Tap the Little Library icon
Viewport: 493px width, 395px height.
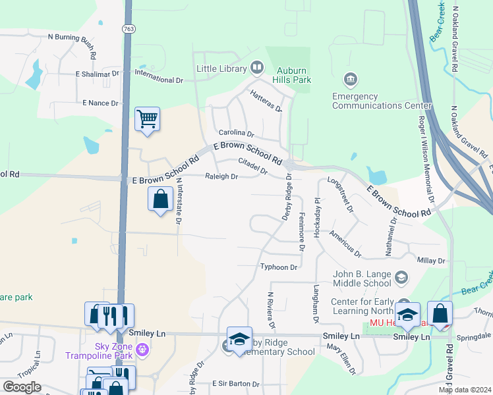tap(256, 68)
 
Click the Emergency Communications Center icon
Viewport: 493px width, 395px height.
tap(351, 80)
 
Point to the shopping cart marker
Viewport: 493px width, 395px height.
tap(147, 120)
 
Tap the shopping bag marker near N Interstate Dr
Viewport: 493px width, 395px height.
tap(161, 199)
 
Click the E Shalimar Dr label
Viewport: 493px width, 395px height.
tap(97, 74)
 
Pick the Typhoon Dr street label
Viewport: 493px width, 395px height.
tap(279, 267)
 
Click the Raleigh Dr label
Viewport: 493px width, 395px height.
tap(221, 176)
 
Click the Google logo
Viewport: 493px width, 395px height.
tap(22, 387)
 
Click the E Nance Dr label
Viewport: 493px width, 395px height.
tap(100, 103)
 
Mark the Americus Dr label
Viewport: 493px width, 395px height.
tap(345, 244)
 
